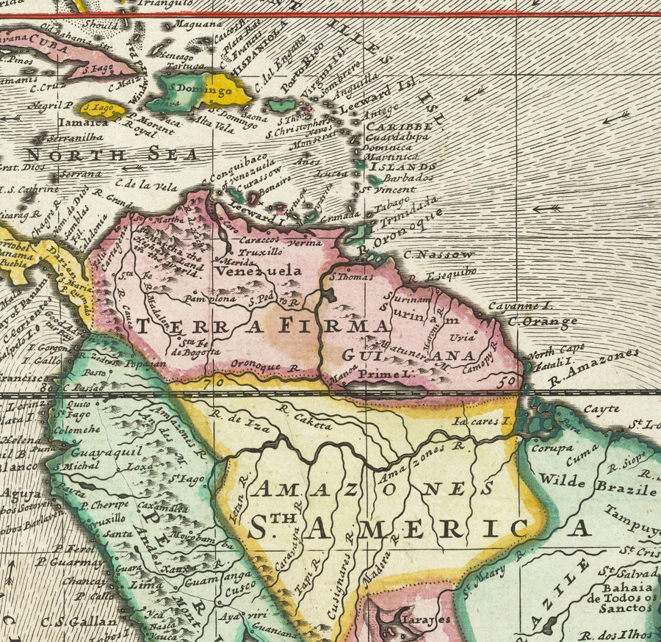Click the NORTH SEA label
click(112, 154)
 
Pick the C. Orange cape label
click(542, 321)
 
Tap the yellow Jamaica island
click(101, 109)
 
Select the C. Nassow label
click(439, 254)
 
